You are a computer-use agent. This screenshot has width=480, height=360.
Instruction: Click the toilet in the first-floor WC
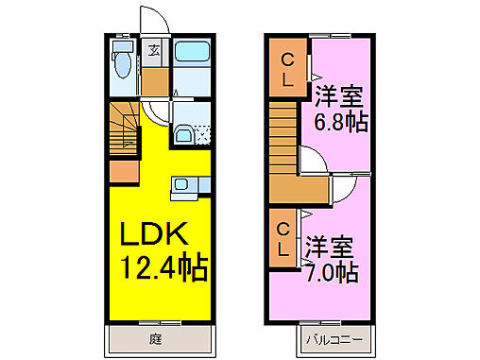[120, 64]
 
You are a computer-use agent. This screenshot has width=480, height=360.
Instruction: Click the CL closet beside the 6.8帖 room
[287, 71]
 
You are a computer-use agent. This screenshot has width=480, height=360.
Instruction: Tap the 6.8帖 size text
[340, 123]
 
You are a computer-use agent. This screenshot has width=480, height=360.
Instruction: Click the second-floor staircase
[283, 136]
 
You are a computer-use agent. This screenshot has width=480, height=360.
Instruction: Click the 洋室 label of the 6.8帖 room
[340, 96]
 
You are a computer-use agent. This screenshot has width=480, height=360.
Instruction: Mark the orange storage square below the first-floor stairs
[124, 173]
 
